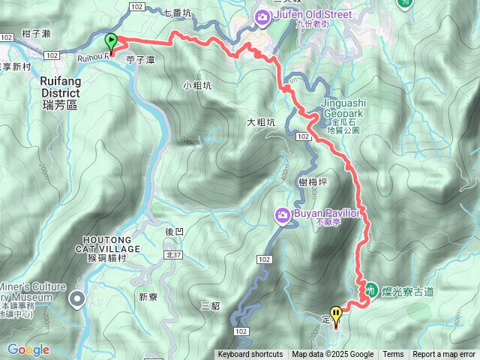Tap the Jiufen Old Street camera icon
click(x=262, y=16)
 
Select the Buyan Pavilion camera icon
click(x=282, y=215)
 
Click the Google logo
click(x=28, y=349)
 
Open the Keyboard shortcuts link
click(x=250, y=355)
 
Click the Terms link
click(x=393, y=355)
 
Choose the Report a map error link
click(x=444, y=355)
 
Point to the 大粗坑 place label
click(x=261, y=122)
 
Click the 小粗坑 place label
click(x=197, y=85)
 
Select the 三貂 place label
click(x=211, y=305)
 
